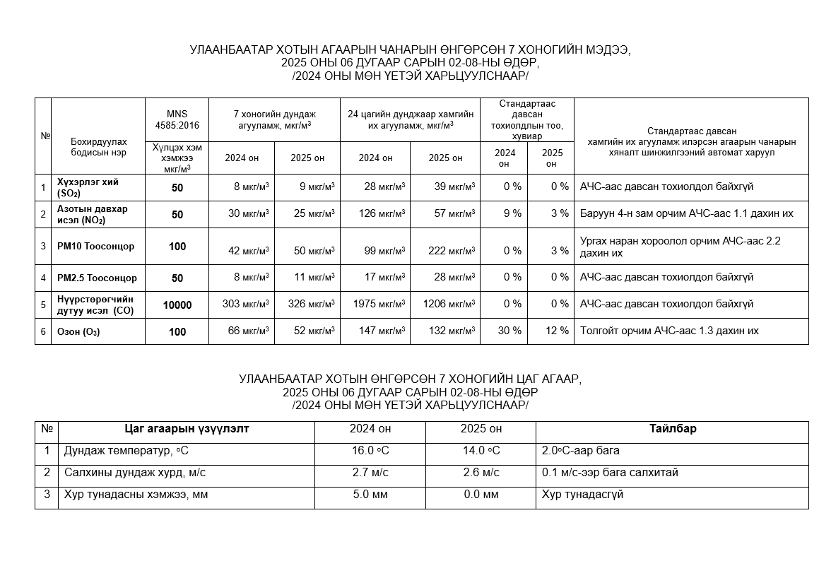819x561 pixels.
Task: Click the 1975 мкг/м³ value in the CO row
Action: click(379, 305)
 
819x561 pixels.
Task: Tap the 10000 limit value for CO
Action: click(177, 305)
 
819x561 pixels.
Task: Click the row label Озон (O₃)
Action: click(79, 331)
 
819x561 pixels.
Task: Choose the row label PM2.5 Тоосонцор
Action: click(98, 278)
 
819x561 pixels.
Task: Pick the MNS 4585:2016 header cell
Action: click(177, 119)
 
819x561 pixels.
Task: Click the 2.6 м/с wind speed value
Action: click(481, 473)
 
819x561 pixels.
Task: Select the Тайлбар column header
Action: click(673, 429)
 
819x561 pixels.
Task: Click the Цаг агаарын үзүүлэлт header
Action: click(187, 429)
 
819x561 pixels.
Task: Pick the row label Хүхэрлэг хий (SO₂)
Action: click(88, 187)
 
